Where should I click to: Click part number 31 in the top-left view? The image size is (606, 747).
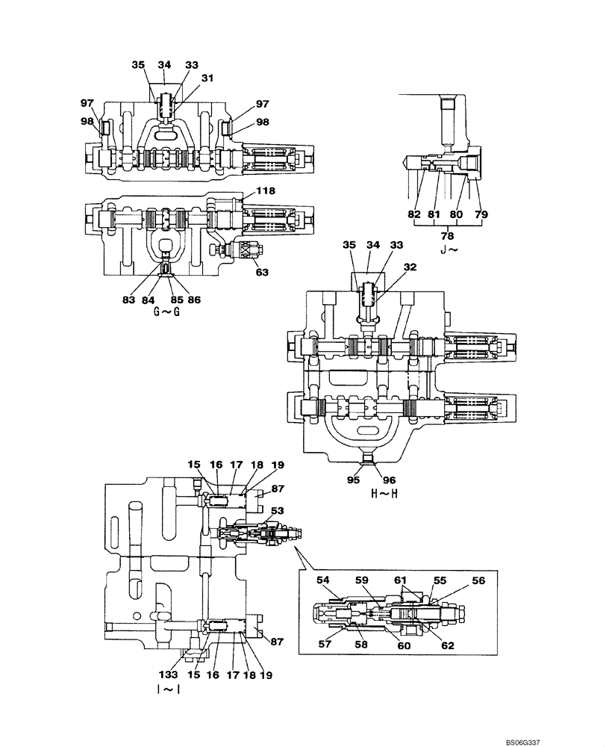coord(206,77)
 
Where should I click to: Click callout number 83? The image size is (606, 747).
coord(128,300)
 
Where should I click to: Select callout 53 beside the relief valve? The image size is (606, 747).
coord(278,510)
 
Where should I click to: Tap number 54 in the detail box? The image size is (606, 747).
coord(323,580)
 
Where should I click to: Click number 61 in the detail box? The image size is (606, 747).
coord(401,580)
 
